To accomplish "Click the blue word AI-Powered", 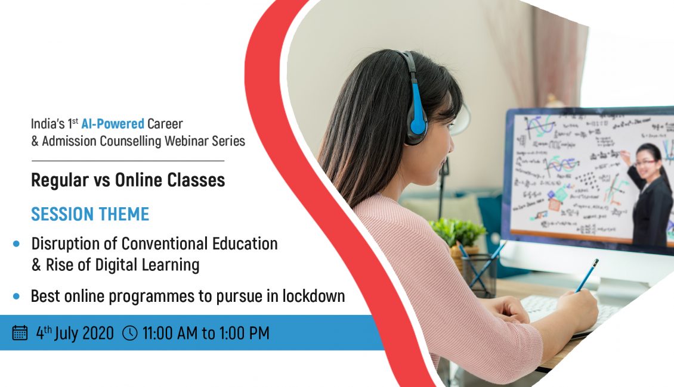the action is coord(113,124).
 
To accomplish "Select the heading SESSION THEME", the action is coord(90,214).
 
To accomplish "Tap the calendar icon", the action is coord(20,333).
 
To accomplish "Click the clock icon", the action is coord(130,333).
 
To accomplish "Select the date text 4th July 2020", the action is coord(75,333).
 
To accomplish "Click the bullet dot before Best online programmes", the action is coord(16,296).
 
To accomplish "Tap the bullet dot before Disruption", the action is coord(16,244).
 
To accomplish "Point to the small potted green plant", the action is coord(458,232).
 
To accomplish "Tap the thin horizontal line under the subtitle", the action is coord(128,161).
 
